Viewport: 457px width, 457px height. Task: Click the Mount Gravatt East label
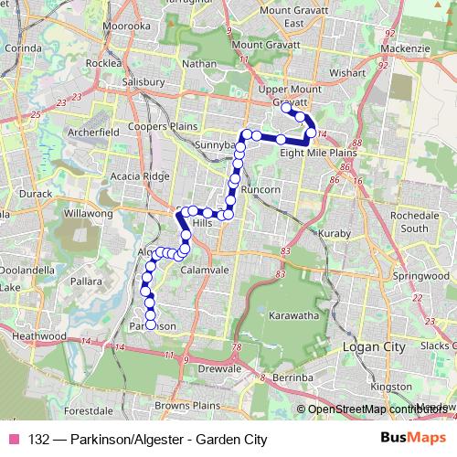(281, 16)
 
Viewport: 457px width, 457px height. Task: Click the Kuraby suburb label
(335, 234)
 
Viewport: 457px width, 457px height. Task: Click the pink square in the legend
(14, 438)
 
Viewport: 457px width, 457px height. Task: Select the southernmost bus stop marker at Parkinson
(151, 325)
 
